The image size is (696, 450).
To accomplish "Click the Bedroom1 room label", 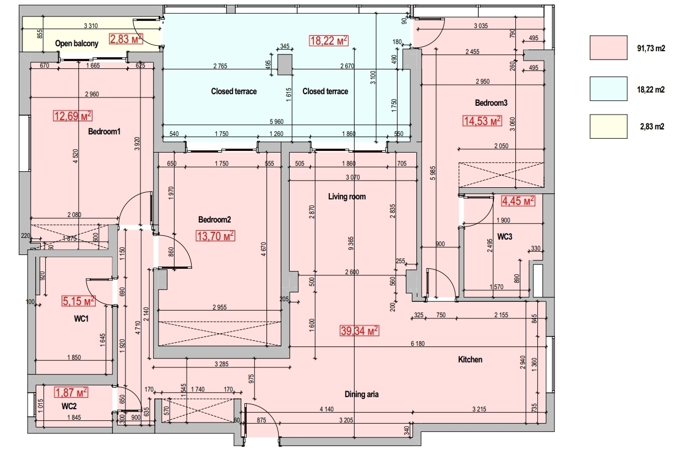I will pyautogui.click(x=104, y=132).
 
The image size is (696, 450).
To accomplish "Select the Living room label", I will pyautogui.click(x=346, y=197).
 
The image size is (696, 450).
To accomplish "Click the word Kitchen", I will pyautogui.click(x=470, y=360).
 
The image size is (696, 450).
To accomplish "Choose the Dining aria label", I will pyautogui.click(x=362, y=394).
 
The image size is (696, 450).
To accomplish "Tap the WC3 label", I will pyautogui.click(x=504, y=237).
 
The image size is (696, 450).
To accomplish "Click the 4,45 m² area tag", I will pyautogui.click(x=518, y=202).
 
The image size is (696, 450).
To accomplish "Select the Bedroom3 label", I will pyautogui.click(x=491, y=103).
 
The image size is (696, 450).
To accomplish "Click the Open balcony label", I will pyautogui.click(x=77, y=43).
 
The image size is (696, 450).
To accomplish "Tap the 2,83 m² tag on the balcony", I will pyautogui.click(x=126, y=39).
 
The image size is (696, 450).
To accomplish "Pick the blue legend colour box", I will pyautogui.click(x=608, y=89).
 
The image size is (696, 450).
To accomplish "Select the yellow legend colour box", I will pyautogui.click(x=608, y=126).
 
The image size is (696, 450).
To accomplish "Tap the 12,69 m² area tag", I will pyautogui.click(x=72, y=116).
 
